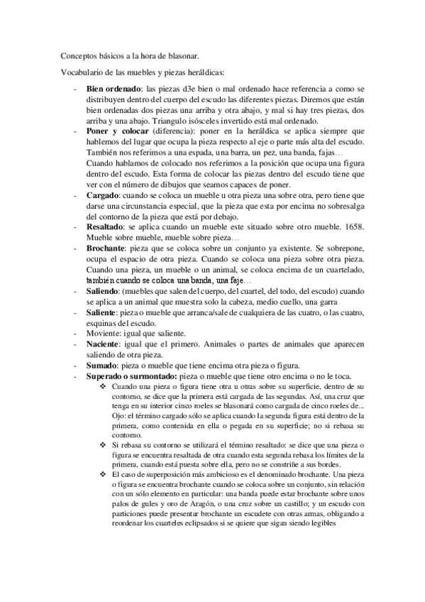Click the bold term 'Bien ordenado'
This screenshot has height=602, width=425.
point(111,90)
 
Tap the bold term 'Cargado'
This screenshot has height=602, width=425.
point(103,195)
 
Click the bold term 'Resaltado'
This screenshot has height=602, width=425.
point(106,226)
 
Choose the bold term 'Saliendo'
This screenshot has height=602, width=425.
point(105,292)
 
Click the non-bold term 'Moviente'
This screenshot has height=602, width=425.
point(103,334)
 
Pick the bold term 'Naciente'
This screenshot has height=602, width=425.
point(105,344)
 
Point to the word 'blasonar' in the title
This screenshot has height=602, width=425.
point(183,55)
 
